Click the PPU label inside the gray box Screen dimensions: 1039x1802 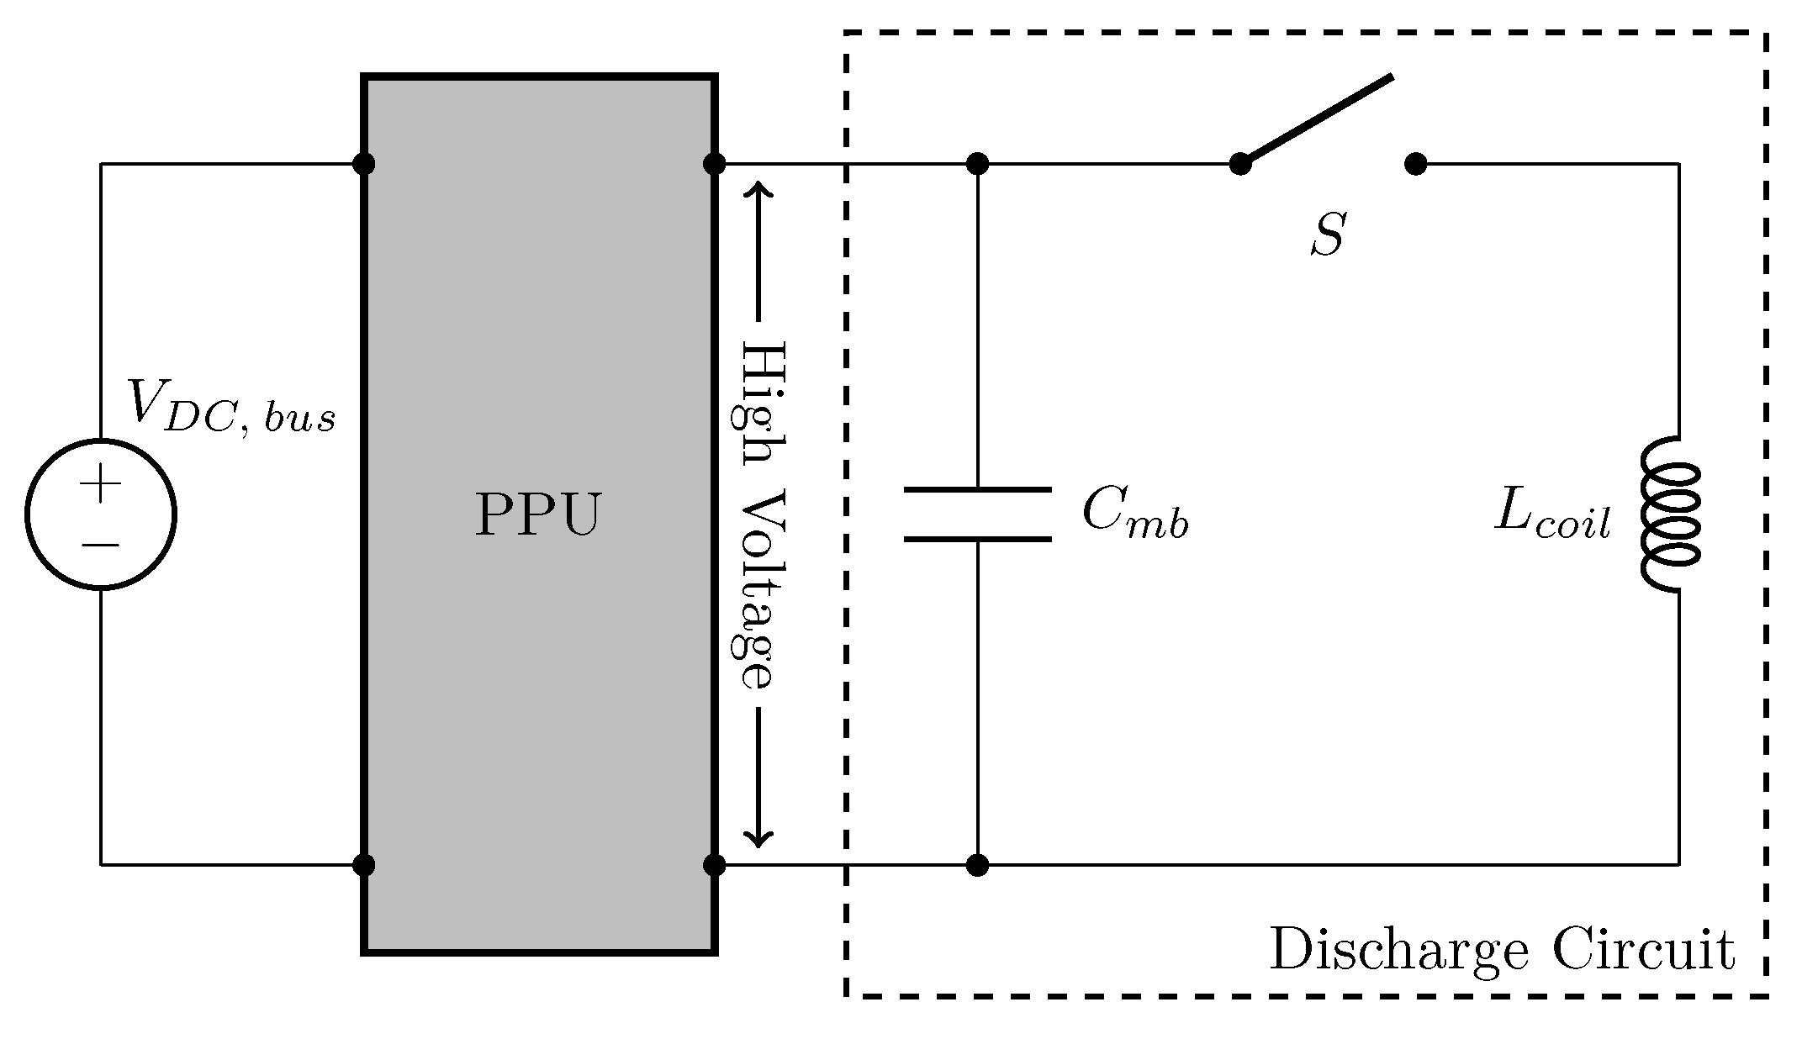(538, 514)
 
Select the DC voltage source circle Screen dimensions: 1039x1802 (101, 514)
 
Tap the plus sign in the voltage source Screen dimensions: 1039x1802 (101, 484)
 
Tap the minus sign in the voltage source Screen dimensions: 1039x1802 (101, 546)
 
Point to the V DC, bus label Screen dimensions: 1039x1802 (230, 406)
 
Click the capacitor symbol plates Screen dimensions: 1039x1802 (977, 514)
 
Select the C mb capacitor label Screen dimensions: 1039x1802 (1134, 512)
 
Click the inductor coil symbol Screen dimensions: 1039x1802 (1669, 514)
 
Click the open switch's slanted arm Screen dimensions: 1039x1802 (1318, 119)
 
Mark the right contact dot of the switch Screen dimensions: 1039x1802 (1416, 164)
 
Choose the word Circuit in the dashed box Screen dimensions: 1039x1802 (1643, 951)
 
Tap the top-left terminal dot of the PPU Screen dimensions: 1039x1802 (363, 164)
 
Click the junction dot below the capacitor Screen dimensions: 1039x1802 (977, 864)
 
